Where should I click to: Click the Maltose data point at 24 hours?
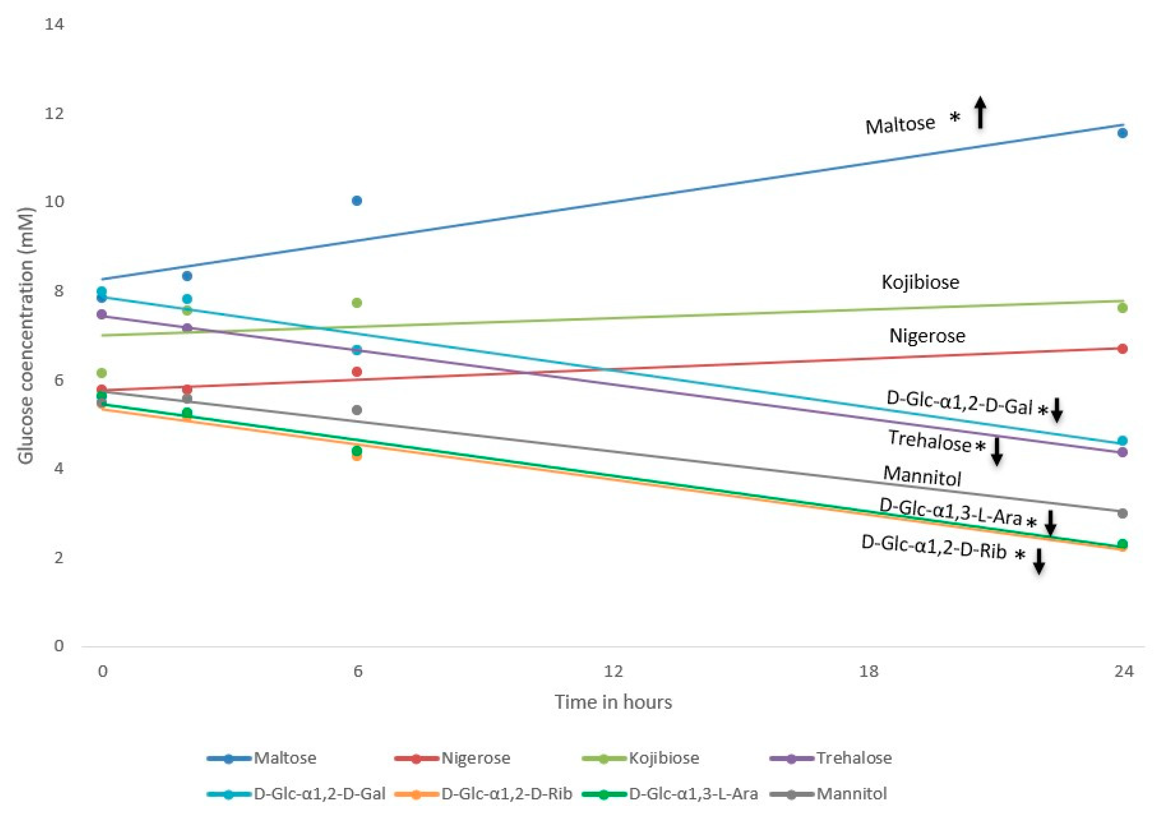point(1122,133)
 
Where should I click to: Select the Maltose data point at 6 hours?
point(357,201)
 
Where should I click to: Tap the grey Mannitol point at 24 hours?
point(1122,513)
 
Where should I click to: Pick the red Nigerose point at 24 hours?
point(1122,349)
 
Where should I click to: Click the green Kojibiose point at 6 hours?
point(357,303)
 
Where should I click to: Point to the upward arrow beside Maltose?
point(980,113)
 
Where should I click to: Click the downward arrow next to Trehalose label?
point(997,451)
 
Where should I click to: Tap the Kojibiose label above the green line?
point(920,282)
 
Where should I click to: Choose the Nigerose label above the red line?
point(927,336)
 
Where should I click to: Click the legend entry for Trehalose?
point(853,758)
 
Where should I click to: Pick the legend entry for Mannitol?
point(851,794)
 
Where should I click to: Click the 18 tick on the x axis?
point(868,671)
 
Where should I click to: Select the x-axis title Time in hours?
point(613,702)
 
